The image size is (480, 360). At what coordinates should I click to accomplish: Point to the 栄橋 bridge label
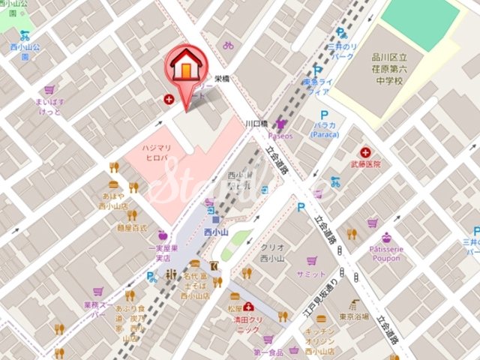click(x=221, y=78)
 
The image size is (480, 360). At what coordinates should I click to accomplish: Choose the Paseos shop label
click(x=280, y=136)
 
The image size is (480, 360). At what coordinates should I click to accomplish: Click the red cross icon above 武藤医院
click(x=365, y=152)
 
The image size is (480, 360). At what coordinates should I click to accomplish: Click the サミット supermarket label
click(x=311, y=274)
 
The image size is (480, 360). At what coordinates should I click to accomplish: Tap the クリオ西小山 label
click(x=271, y=253)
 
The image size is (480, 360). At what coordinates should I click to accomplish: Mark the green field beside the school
click(x=420, y=23)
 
